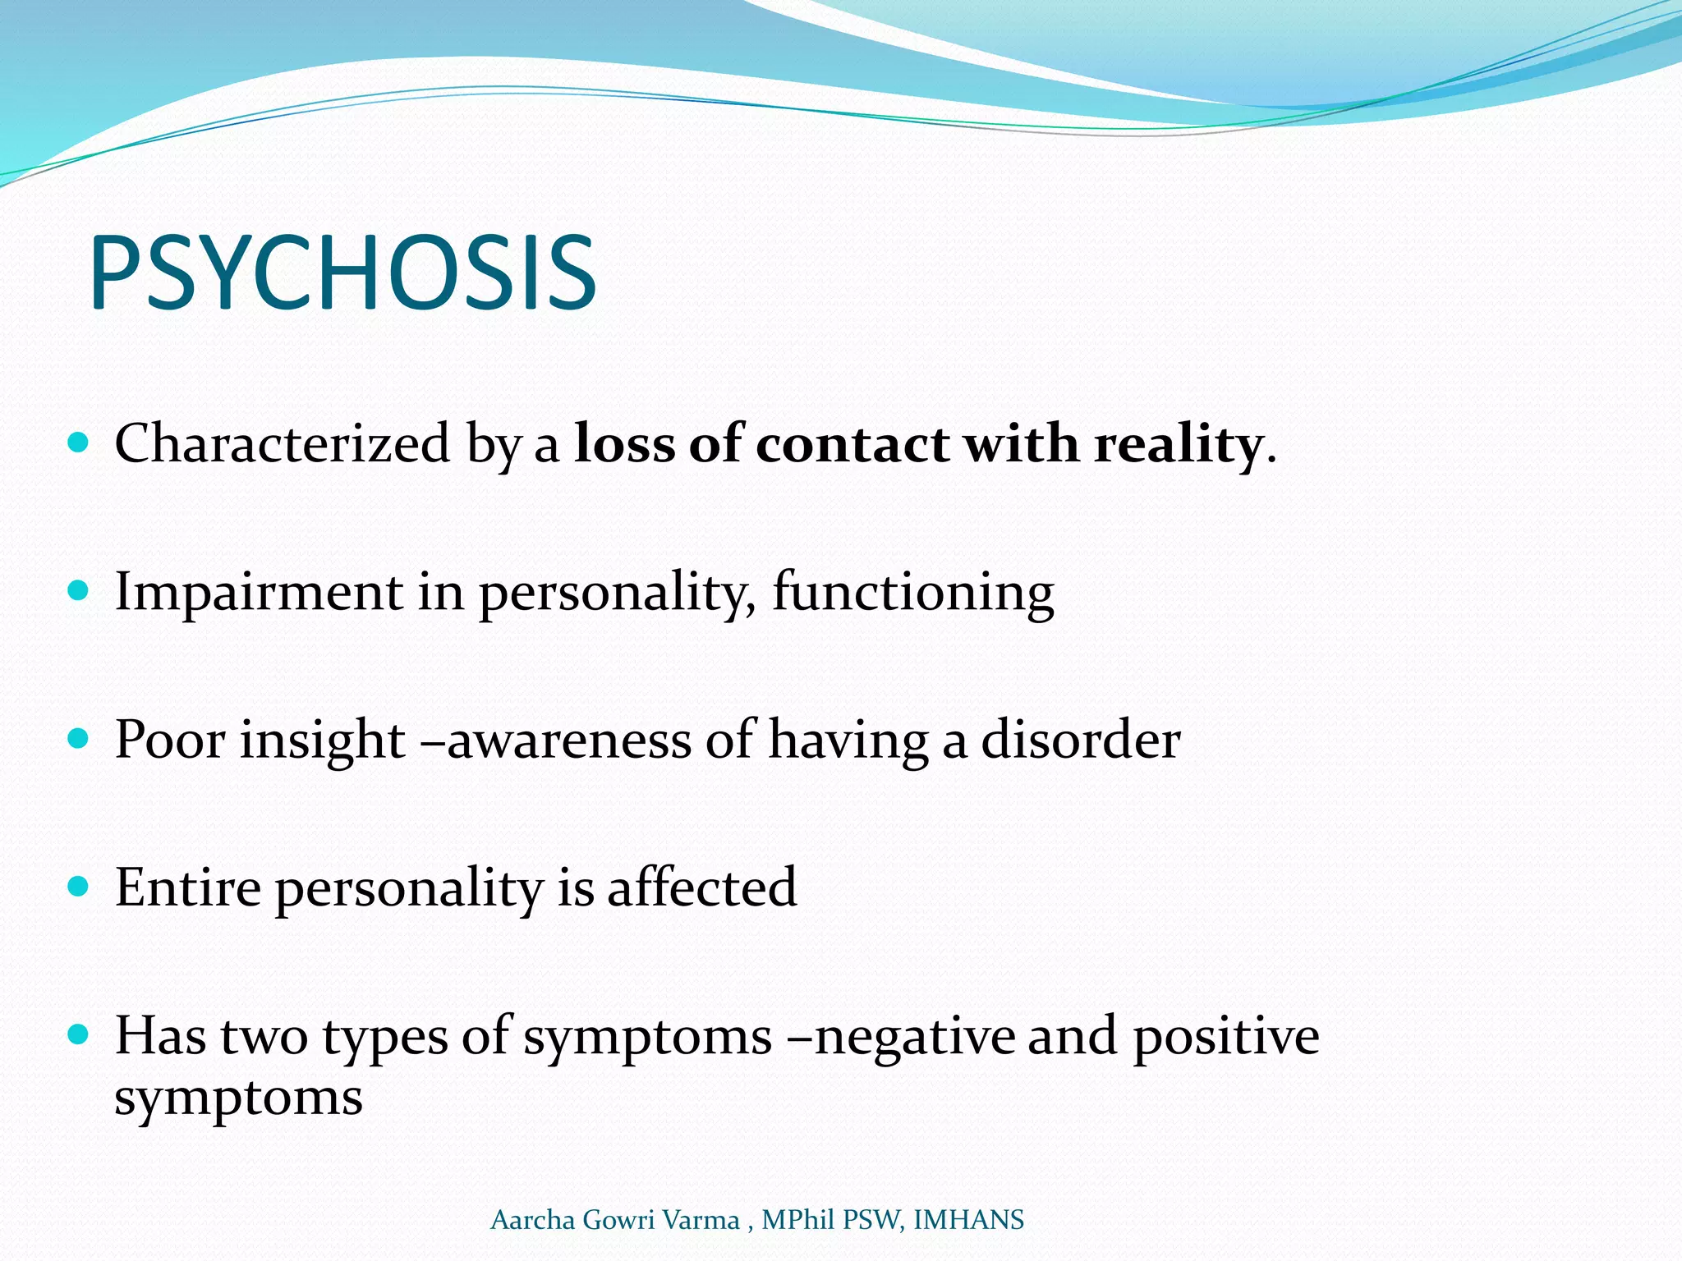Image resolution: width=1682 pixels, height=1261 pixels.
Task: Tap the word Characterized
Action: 282,444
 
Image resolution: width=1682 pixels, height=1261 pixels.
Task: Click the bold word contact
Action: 852,444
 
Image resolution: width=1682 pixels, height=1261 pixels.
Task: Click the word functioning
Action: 912,592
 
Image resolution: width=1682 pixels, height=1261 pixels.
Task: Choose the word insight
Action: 322,740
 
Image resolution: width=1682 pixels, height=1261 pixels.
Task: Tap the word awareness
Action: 569,740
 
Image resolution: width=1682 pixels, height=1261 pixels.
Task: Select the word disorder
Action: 1081,740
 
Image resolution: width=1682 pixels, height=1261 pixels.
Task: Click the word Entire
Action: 188,887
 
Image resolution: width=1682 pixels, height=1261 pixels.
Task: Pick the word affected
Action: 701,887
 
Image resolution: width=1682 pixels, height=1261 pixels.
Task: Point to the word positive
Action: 1226,1036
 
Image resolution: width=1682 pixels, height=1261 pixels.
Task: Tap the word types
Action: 384,1036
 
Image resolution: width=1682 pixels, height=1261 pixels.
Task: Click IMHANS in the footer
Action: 968,1220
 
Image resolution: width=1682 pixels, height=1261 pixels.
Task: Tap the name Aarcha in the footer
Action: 532,1220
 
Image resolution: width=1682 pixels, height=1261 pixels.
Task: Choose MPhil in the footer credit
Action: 797,1220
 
